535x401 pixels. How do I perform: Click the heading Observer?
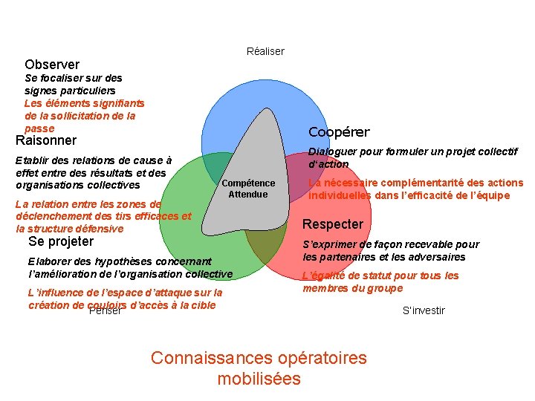point(52,65)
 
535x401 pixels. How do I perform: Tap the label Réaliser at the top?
point(265,51)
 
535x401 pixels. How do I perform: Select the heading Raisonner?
point(46,140)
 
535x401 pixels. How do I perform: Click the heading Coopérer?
point(339,132)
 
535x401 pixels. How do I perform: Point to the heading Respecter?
point(333,224)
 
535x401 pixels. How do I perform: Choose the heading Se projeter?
point(61,241)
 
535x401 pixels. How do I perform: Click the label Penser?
point(105,310)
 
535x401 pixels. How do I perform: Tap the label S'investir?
point(424,310)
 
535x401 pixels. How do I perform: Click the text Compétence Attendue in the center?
point(248,189)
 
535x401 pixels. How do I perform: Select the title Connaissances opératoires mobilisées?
point(259,368)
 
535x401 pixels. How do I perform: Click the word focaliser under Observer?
point(61,77)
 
